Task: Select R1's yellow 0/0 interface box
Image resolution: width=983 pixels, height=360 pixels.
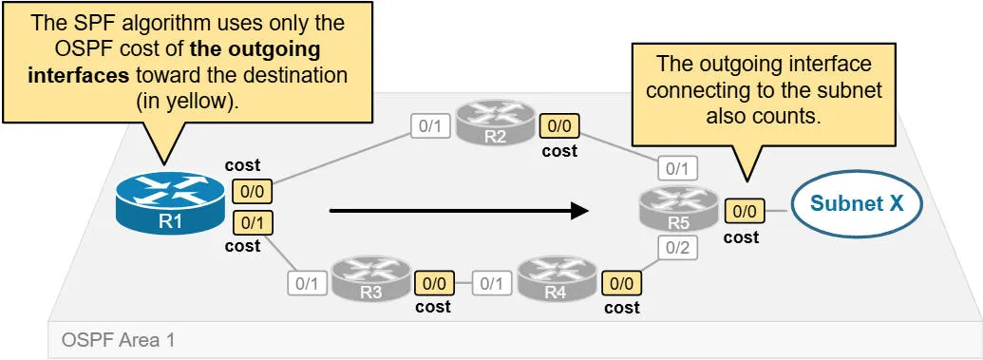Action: click(252, 190)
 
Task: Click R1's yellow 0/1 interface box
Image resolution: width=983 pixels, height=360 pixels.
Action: click(252, 222)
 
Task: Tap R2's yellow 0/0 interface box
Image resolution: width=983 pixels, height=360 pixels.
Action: click(558, 125)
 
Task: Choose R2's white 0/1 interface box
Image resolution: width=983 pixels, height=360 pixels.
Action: click(429, 125)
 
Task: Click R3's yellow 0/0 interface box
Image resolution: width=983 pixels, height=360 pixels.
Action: click(434, 282)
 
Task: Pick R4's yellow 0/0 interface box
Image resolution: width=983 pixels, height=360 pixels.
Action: click(622, 282)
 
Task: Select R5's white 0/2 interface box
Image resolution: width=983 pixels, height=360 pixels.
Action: click(675, 249)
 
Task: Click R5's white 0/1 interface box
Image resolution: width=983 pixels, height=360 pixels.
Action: click(675, 168)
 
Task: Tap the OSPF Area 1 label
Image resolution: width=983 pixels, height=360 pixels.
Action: click(118, 338)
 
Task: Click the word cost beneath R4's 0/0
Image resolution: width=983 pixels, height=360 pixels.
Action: click(622, 307)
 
